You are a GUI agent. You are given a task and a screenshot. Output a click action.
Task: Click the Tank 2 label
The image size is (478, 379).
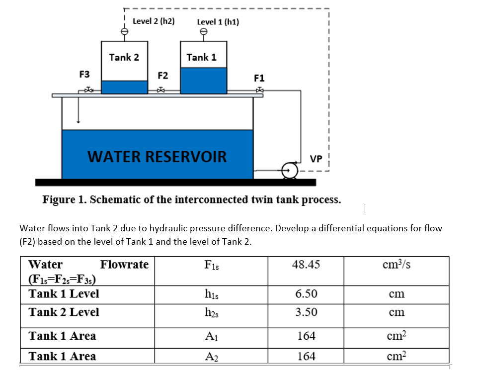124,57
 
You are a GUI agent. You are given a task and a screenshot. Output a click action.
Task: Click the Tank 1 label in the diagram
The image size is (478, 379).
201,57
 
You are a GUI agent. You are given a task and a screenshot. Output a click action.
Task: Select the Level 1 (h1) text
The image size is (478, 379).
218,22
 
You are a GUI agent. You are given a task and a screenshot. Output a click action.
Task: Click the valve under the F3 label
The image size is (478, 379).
88,90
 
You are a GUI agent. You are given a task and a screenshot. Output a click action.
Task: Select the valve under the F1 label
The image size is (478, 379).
259,90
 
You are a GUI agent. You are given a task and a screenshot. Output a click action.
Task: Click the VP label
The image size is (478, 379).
316,159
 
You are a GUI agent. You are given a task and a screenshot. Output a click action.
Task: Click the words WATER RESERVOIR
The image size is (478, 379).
157,157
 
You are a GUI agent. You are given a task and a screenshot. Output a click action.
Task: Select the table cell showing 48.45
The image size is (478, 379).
306,265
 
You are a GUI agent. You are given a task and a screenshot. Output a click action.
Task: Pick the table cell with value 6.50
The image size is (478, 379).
306,293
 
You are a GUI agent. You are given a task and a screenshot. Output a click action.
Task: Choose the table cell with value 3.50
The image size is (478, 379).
306,312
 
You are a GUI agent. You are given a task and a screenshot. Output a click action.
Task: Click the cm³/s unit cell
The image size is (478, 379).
396,264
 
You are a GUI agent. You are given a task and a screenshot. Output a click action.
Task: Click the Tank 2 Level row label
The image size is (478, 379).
64,312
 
